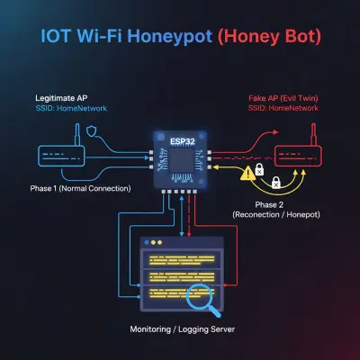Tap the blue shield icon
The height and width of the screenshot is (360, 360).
[x=92, y=131]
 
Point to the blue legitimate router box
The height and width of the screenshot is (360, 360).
[x=61, y=156]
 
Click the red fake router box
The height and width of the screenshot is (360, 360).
[x=298, y=156]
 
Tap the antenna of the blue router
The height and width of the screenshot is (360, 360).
[x=77, y=134]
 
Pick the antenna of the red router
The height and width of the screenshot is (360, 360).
[x=314, y=134]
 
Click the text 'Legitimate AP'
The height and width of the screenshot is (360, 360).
[x=61, y=98]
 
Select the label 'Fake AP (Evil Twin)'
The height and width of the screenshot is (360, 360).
[x=283, y=98]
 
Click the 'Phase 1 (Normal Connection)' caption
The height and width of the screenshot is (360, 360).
[x=80, y=188]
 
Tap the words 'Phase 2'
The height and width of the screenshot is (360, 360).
[x=269, y=205]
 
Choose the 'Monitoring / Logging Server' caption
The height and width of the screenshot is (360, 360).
[x=182, y=329]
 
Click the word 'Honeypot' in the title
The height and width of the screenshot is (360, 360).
[x=170, y=36]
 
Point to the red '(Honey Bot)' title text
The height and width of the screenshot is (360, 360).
[x=269, y=36]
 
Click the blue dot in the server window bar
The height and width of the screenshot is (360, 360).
[x=147, y=242]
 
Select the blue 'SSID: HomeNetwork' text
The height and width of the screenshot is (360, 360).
[x=71, y=108]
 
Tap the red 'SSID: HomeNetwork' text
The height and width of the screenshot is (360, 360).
[x=283, y=108]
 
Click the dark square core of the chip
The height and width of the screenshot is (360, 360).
[x=182, y=161]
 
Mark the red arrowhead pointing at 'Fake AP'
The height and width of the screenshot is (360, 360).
[x=275, y=131]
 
